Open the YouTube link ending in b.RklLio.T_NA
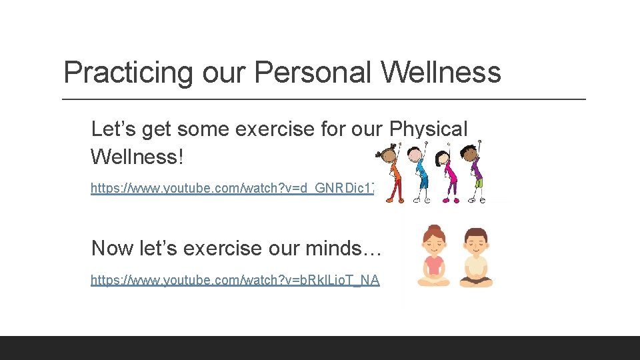(235, 281)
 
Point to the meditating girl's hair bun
(435, 229)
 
